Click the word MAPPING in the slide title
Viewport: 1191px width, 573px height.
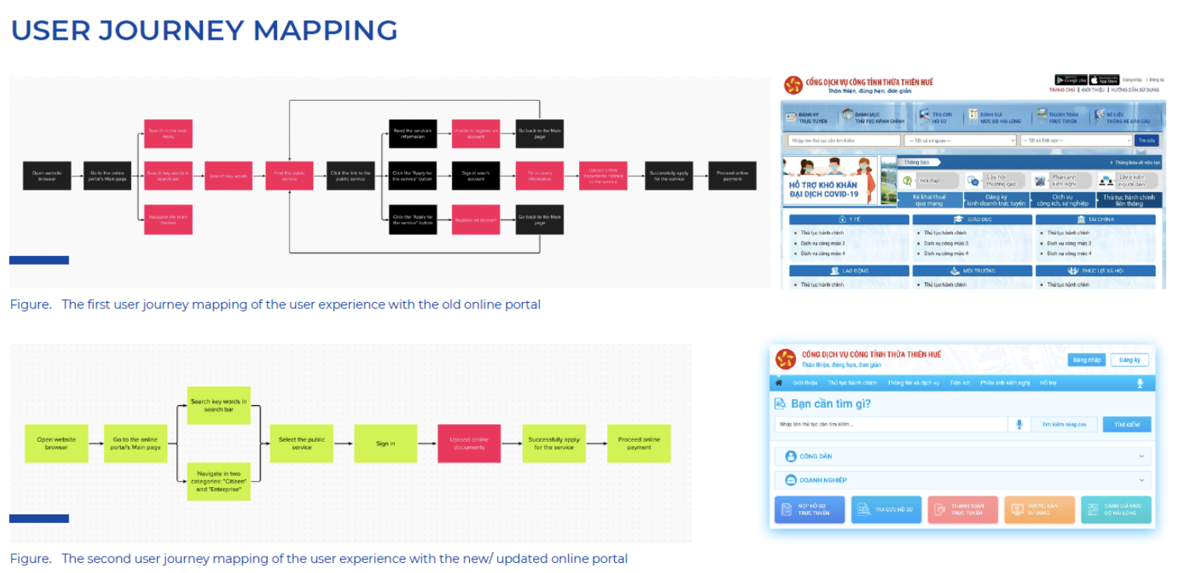tap(325, 30)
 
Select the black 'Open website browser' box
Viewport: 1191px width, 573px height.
tap(47, 176)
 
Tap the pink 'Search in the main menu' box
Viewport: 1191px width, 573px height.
tap(168, 133)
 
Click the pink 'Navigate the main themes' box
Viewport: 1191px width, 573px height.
tap(168, 219)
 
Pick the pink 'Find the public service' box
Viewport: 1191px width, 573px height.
tap(289, 176)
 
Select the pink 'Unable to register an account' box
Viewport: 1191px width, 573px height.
tap(475, 133)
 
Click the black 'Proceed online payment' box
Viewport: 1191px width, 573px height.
tap(731, 176)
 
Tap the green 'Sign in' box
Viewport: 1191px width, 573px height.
tap(386, 443)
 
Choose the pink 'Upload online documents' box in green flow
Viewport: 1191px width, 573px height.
tap(469, 443)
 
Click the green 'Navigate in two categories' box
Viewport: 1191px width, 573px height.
tap(219, 482)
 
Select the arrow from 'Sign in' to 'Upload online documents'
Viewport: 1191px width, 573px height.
tap(427, 443)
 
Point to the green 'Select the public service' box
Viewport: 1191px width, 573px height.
tap(301, 443)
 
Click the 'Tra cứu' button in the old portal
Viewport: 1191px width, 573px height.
tap(1146, 141)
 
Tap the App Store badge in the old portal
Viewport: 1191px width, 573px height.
tap(1104, 80)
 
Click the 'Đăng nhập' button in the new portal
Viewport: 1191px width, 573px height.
tap(1086, 360)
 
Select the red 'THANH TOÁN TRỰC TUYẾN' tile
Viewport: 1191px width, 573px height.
tap(963, 510)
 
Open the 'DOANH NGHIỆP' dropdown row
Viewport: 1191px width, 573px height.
tap(962, 480)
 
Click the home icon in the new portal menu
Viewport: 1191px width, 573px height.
tap(778, 383)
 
